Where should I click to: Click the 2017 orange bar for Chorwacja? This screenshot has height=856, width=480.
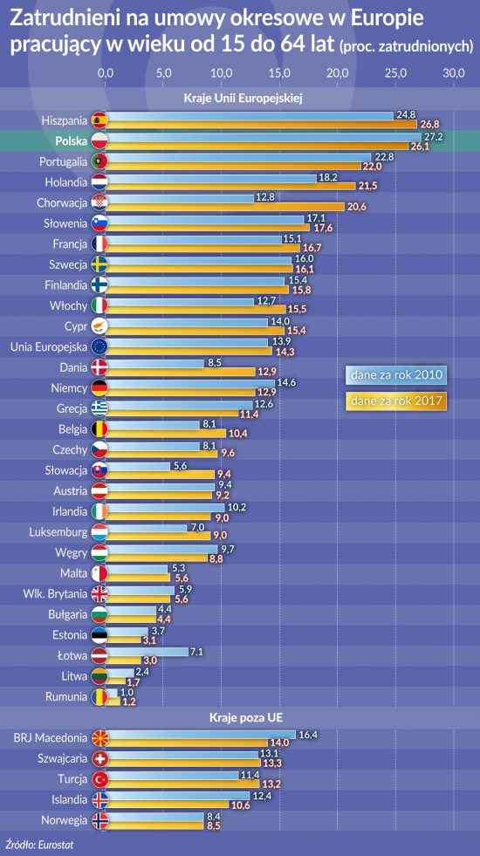tap(224, 206)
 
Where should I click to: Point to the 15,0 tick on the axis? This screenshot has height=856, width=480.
tap(279, 72)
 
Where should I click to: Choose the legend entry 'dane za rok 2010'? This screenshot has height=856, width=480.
tap(396, 375)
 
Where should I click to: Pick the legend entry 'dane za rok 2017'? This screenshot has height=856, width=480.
tap(396, 401)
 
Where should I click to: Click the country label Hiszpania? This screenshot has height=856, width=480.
tap(65, 120)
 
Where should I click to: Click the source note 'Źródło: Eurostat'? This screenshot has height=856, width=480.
tap(38, 845)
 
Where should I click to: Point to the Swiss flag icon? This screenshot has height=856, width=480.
tap(100, 759)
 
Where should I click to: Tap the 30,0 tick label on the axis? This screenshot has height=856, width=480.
tap(453, 72)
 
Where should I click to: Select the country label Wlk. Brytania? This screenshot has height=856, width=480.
tap(55, 594)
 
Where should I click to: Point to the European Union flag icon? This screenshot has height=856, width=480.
tap(100, 346)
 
